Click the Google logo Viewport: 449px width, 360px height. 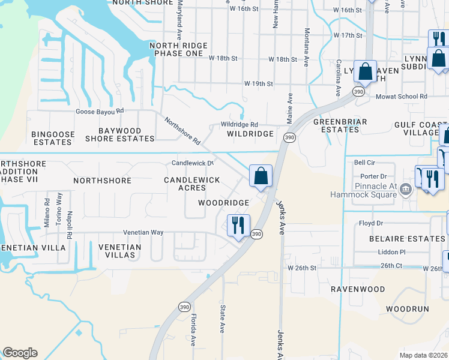(x=20, y=353)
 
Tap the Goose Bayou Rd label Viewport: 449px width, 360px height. (x=99, y=111)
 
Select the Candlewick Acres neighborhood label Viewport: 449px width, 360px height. (x=192, y=184)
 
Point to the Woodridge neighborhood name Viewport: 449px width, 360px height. (x=224, y=203)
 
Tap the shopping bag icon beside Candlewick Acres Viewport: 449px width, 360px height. (x=261, y=176)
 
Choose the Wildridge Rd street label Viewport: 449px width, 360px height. (x=239, y=124)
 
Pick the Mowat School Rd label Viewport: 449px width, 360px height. (x=401, y=96)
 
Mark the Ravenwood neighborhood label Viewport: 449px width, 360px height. (x=358, y=289)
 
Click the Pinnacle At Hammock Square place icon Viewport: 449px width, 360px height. (x=406, y=190)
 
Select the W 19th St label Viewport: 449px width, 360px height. (x=259, y=83)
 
